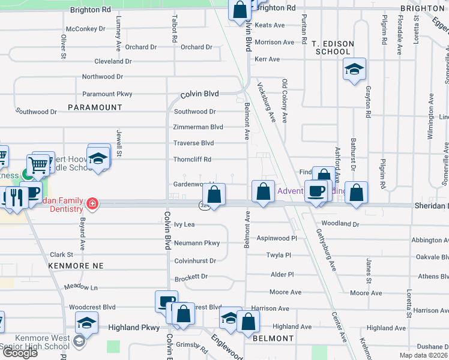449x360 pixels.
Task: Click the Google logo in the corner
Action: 20,353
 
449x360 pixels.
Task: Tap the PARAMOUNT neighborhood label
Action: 95,107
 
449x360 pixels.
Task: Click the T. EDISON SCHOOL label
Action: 333,48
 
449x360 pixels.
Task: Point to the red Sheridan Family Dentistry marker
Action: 92,203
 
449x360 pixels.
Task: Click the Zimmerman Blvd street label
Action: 198,127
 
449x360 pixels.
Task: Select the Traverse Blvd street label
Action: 193,143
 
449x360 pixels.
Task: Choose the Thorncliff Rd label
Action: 192,160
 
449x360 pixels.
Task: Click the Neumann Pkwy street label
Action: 197,243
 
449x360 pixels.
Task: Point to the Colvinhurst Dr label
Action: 194,261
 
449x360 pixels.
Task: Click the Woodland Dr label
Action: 340,224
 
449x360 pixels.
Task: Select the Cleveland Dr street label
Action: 113,61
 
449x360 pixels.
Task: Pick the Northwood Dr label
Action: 103,77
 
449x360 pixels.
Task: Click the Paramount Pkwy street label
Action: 107,94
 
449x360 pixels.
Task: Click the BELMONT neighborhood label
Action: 273,338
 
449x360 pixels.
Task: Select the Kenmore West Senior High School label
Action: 35,343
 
